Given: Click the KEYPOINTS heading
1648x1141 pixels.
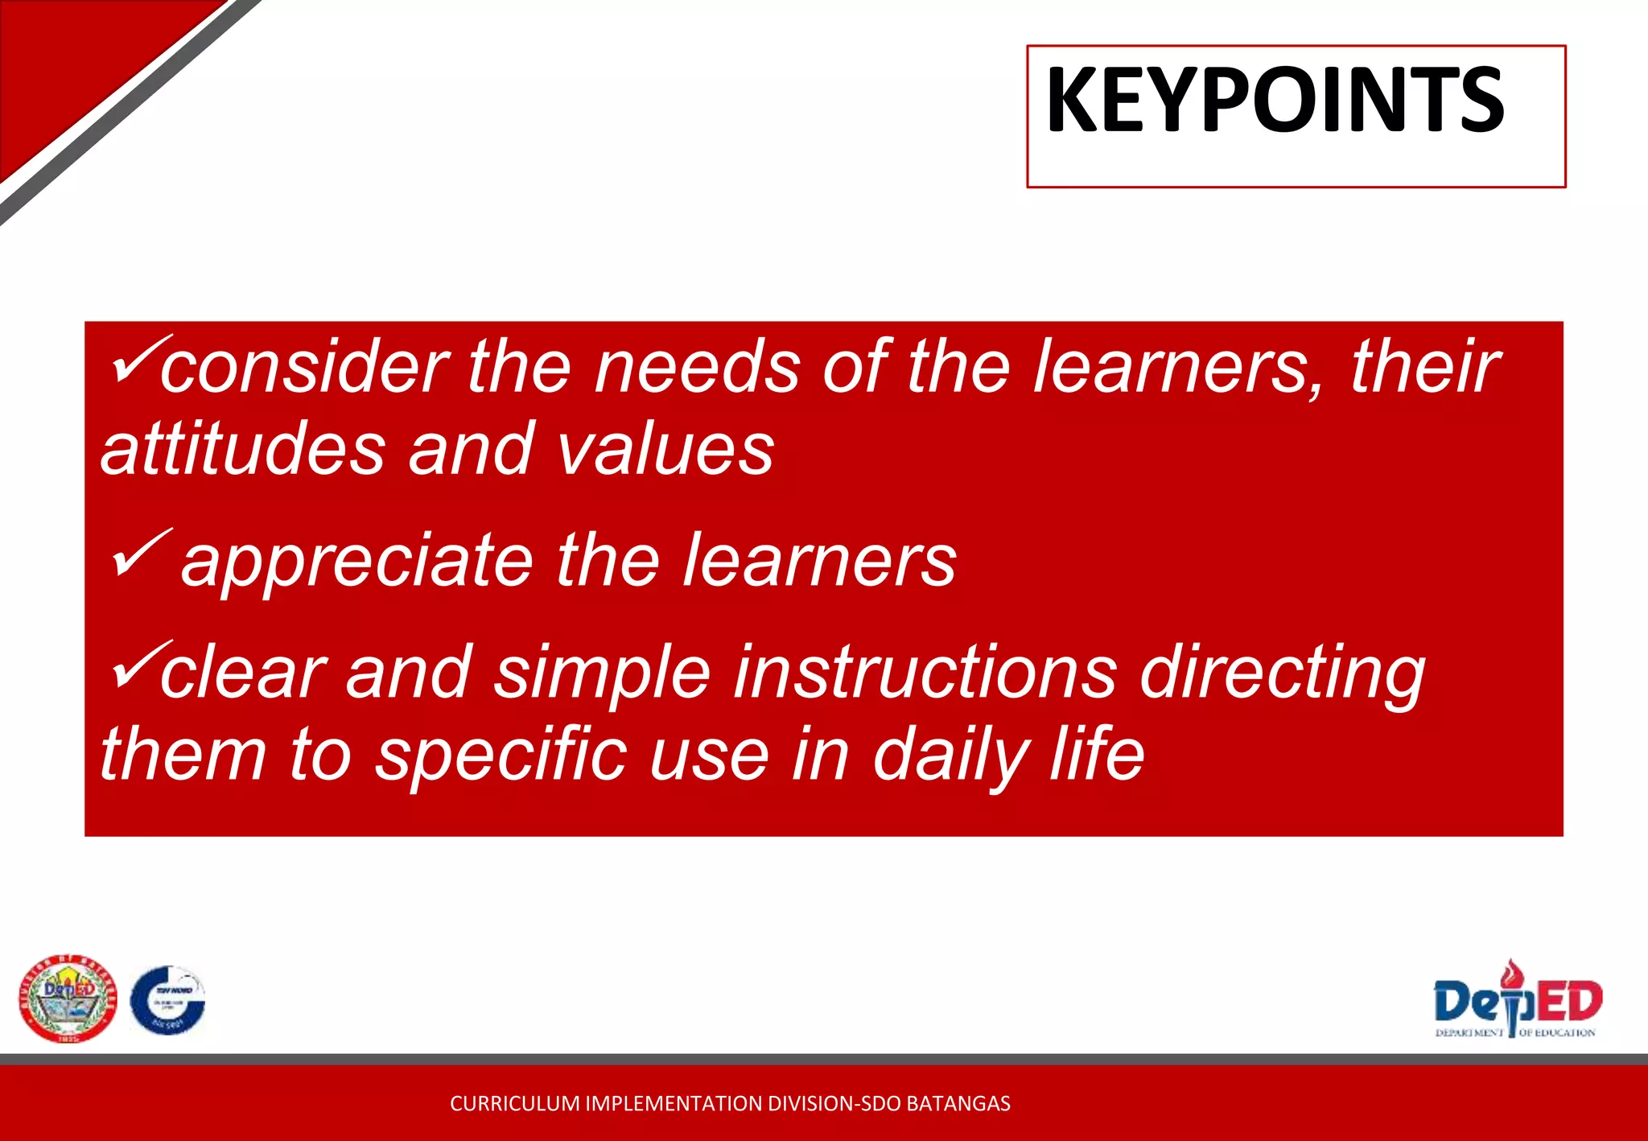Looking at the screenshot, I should click(1275, 101).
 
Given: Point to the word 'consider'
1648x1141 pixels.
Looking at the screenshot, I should click(304, 368).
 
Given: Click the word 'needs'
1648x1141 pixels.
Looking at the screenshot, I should click(697, 368).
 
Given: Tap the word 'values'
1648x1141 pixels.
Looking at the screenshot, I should click(665, 449).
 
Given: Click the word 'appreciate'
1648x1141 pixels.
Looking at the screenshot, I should click(357, 562).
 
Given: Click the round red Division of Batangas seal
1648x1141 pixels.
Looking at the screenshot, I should click(68, 999).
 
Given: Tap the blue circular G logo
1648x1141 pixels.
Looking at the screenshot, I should click(168, 999).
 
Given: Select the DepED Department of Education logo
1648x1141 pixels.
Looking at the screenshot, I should click(1517, 999).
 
